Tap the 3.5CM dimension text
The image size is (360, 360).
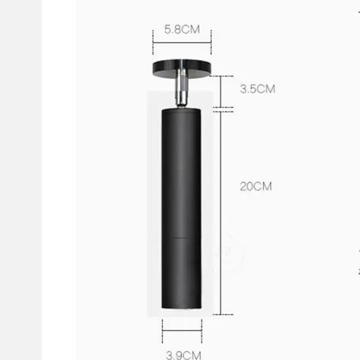pos(257,90)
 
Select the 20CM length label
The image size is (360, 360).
pos(256,186)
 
